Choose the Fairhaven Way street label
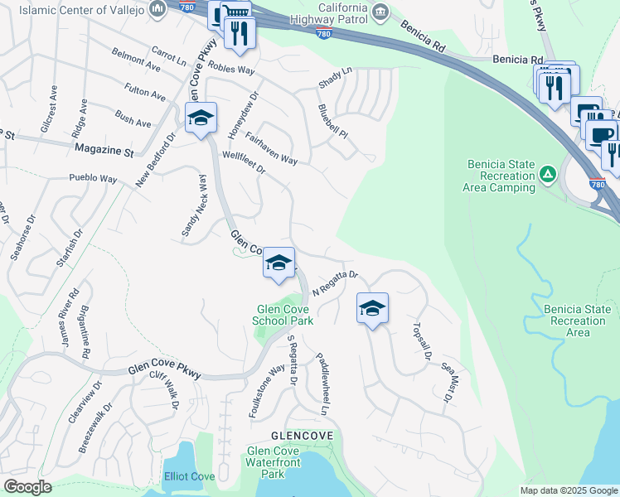coord(271,148)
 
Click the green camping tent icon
coord(547,174)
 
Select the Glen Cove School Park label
coord(283,315)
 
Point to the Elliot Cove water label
coord(190,476)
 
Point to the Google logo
coord(27,487)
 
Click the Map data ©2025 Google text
coord(568,490)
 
